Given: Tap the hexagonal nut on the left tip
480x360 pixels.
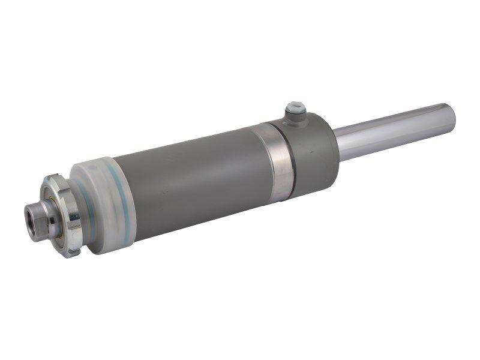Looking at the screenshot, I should coord(37,219).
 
